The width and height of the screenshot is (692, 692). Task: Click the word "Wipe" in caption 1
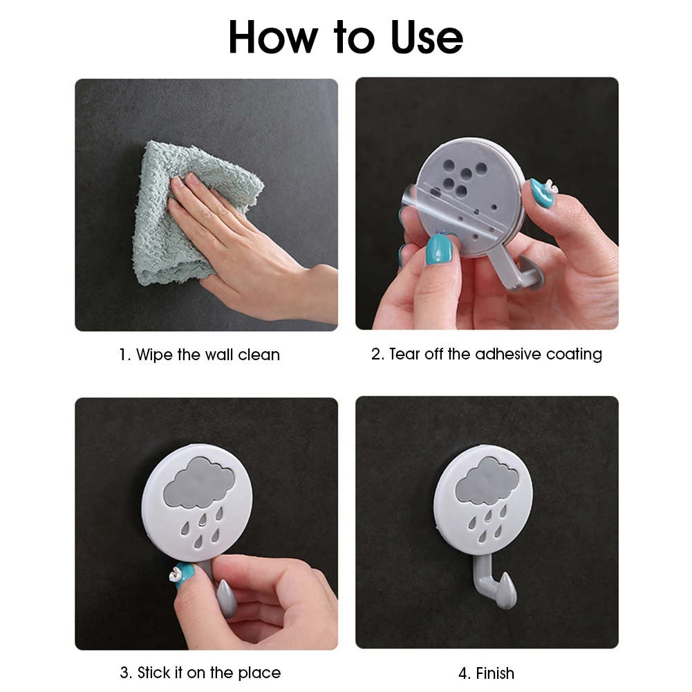pos(155,355)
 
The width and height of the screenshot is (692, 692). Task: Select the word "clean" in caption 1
pos(259,355)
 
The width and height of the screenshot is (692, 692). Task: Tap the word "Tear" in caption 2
pos(406,355)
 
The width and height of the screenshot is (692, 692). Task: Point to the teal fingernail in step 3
pos(183,579)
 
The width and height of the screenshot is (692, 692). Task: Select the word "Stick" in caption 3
pos(154,673)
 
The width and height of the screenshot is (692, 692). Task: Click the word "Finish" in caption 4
pos(495,673)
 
